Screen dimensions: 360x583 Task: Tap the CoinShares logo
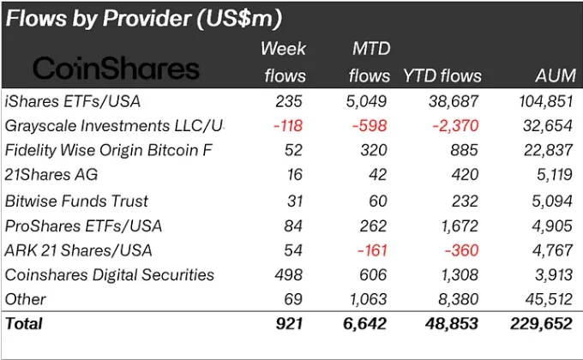pyautogui.click(x=117, y=69)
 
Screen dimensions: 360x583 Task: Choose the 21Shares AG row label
pyautogui.click(x=51, y=176)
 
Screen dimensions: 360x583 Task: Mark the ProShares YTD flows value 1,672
pyautogui.click(x=455, y=225)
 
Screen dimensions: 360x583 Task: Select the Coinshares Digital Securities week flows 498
pyautogui.click(x=289, y=275)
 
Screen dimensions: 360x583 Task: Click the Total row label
pyautogui.click(x=23, y=324)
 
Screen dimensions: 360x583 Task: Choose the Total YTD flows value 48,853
pyautogui.click(x=449, y=324)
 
